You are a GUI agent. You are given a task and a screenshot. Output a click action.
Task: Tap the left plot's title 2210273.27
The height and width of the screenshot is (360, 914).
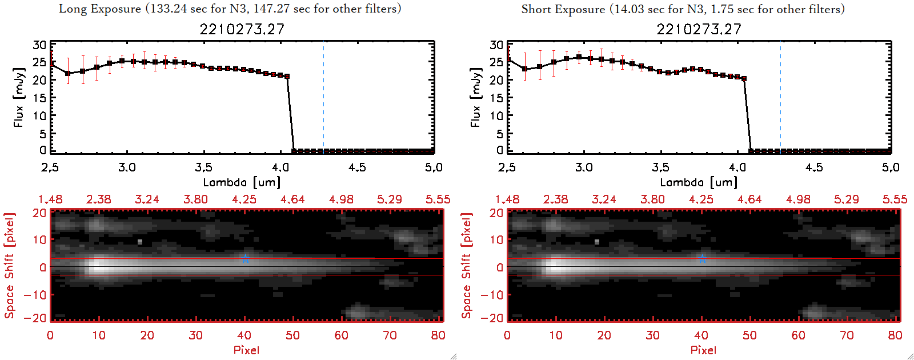click(x=242, y=29)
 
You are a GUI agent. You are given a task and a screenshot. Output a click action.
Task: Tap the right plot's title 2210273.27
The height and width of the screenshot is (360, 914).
click(x=699, y=29)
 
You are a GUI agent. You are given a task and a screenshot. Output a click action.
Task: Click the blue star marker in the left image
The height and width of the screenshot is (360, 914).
click(x=245, y=259)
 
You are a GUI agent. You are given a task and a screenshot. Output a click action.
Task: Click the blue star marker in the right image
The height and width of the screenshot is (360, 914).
click(x=702, y=259)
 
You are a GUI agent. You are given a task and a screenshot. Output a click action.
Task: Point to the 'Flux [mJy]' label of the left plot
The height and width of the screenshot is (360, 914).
click(x=19, y=98)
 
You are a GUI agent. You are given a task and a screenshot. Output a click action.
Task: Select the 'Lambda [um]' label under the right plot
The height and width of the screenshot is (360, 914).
click(x=699, y=182)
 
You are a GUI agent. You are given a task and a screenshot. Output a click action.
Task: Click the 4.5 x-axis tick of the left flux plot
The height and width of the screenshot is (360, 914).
click(x=357, y=167)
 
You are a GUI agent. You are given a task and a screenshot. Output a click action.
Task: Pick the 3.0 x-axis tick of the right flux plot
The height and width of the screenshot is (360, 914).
click(x=584, y=167)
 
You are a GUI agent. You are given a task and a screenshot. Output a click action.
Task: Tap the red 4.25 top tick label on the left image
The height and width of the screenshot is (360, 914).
click(x=244, y=199)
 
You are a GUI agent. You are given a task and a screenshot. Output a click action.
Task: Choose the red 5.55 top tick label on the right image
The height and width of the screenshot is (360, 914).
click(x=895, y=199)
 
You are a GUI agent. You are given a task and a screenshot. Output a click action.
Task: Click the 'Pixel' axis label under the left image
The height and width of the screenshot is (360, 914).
click(x=246, y=350)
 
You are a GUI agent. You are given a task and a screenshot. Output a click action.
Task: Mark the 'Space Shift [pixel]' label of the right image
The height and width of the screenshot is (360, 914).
click(x=467, y=266)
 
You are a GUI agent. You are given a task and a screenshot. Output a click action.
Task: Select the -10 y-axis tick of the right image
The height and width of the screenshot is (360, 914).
click(x=492, y=295)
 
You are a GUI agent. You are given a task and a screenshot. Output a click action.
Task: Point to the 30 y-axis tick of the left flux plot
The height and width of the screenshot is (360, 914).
click(x=39, y=45)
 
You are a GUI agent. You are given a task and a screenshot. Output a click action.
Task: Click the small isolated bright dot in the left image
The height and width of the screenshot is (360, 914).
click(x=140, y=242)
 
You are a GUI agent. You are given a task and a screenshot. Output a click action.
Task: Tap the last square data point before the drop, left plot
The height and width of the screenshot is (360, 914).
click(x=287, y=76)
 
